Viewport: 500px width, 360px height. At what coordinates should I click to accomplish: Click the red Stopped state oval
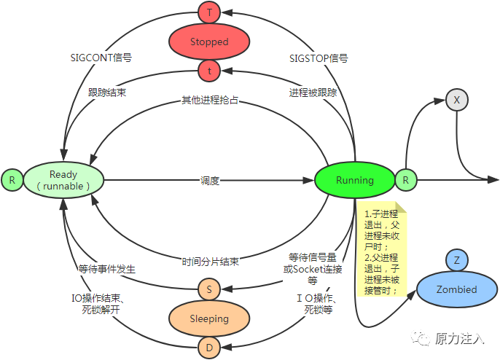coord(209,42)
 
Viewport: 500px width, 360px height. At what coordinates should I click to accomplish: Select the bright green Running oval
coord(355,180)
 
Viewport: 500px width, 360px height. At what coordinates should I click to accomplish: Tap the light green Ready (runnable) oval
coord(63,180)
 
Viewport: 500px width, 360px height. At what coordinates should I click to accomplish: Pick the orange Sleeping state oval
coord(209,318)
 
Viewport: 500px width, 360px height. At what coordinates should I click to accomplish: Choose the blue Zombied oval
coord(456,289)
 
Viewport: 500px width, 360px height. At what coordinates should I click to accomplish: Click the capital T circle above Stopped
coord(209,12)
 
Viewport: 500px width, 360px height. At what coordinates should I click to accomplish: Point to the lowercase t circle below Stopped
coord(209,71)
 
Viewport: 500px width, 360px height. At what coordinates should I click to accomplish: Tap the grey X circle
coord(456,101)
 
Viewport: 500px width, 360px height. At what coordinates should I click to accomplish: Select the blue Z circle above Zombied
coord(456,260)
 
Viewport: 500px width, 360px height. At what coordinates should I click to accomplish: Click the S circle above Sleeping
coord(209,289)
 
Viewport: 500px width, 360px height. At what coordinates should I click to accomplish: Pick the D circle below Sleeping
coord(209,348)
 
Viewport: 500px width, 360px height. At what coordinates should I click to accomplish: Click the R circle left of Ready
coord(12,180)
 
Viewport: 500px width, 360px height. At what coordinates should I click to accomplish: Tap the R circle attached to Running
coord(405,180)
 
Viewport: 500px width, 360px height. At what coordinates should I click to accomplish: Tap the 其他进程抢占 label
coord(210,100)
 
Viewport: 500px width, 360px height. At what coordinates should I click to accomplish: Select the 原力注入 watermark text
coord(459,339)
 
